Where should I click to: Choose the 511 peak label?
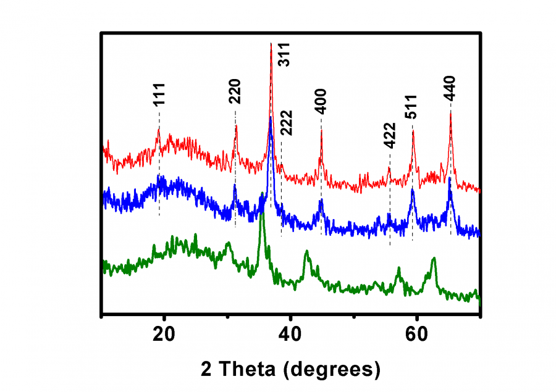(411, 107)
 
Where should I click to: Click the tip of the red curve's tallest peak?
(271, 44)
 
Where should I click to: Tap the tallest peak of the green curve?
(262, 194)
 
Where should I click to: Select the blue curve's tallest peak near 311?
(270, 119)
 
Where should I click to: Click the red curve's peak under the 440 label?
(450, 113)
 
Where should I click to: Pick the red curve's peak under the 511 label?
(413, 131)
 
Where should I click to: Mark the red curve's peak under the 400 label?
(321, 130)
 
